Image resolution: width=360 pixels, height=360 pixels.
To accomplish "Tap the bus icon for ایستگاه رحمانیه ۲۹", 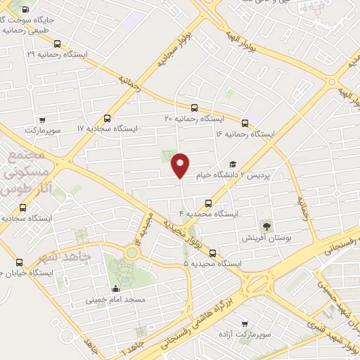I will [x=57, y=44].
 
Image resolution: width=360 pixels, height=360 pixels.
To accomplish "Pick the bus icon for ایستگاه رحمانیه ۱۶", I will [x=245, y=122].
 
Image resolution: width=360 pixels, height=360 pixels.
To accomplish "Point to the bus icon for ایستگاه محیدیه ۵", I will [x=213, y=254].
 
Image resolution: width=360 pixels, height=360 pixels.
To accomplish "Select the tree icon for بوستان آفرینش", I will [x=266, y=226].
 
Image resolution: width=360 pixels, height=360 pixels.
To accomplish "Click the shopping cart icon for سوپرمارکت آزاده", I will [x=244, y=324].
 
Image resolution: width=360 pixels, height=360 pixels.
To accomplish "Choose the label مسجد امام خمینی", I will [x=115, y=300].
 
